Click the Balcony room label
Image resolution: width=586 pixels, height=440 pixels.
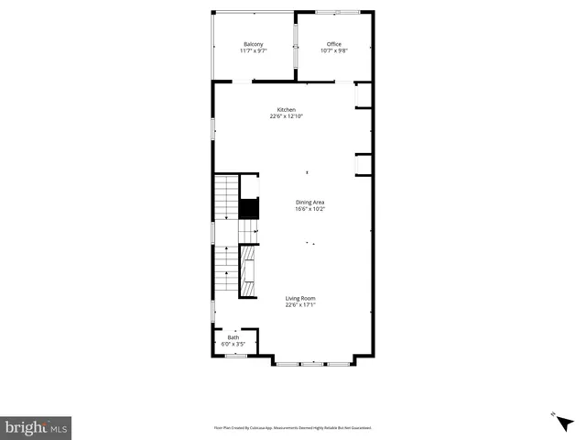254,45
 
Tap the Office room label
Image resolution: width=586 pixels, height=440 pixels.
334,45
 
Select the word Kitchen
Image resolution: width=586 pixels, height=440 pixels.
287,110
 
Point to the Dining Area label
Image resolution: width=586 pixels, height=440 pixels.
310,202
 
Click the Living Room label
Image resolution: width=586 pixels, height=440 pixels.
300,298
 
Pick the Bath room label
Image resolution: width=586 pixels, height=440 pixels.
233,337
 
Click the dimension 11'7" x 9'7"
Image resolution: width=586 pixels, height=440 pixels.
254,51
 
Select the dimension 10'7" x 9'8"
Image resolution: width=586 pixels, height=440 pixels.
334,51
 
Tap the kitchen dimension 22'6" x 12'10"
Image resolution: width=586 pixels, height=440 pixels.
287,116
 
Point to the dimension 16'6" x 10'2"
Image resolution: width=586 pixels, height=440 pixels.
310,208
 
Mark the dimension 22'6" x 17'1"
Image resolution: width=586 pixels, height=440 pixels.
300,304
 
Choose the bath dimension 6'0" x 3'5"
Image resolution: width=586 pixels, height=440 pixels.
233,344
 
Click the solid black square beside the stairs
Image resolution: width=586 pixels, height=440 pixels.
248,208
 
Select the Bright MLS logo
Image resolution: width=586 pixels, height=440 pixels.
37,426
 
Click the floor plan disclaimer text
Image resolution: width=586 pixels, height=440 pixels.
292,427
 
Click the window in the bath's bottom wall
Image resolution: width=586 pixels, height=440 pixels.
235,355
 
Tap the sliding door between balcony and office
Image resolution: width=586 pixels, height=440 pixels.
295,46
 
